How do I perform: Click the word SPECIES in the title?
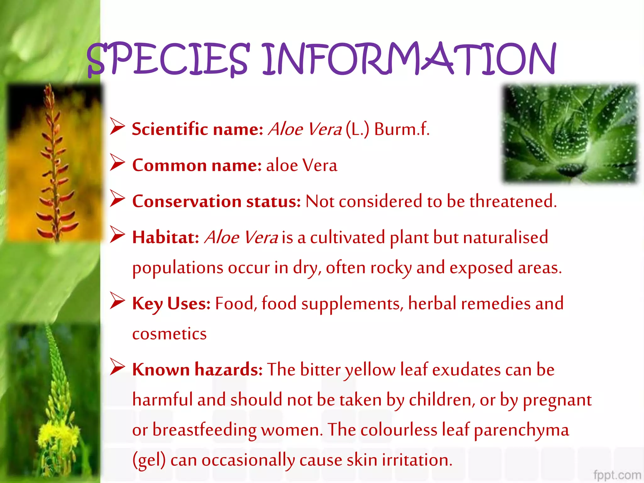pos(168,60)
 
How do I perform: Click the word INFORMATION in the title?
pos(409,60)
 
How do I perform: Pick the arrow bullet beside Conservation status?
pos(117,199)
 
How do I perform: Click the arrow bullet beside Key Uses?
pos(117,301)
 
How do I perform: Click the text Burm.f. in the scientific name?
pos(402,129)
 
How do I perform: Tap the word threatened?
pos(513,202)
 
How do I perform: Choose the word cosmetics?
pos(169,334)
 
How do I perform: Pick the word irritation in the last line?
pos(417,460)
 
